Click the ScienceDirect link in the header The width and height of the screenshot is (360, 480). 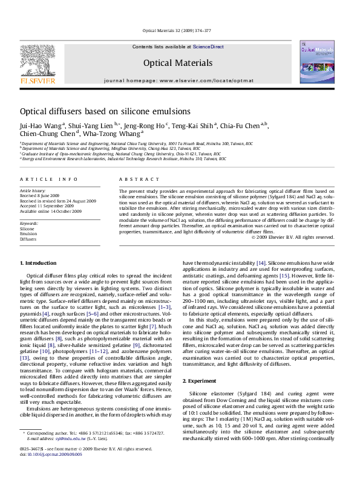[209, 47]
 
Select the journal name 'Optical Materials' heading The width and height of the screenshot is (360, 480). [177, 63]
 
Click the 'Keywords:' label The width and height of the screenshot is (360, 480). [30, 224]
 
